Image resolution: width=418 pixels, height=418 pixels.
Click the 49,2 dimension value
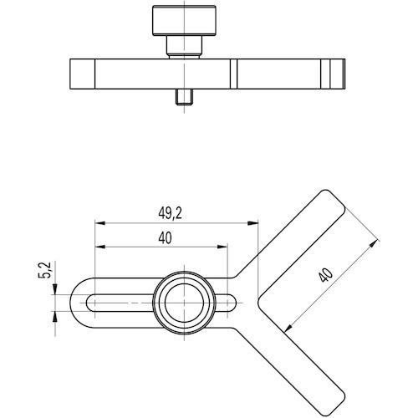[x=170, y=214]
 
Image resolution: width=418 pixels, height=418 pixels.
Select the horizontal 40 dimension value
[x=165, y=238]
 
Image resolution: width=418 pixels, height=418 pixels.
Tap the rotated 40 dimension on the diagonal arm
[x=326, y=275]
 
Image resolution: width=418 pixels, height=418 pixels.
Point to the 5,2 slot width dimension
[x=44, y=270]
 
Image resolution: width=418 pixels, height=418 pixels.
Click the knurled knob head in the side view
[x=184, y=20]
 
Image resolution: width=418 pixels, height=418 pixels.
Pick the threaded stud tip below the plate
[x=184, y=97]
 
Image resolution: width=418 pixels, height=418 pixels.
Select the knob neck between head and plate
[x=184, y=46]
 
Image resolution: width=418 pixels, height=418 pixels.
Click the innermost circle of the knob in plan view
[x=184, y=303]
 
